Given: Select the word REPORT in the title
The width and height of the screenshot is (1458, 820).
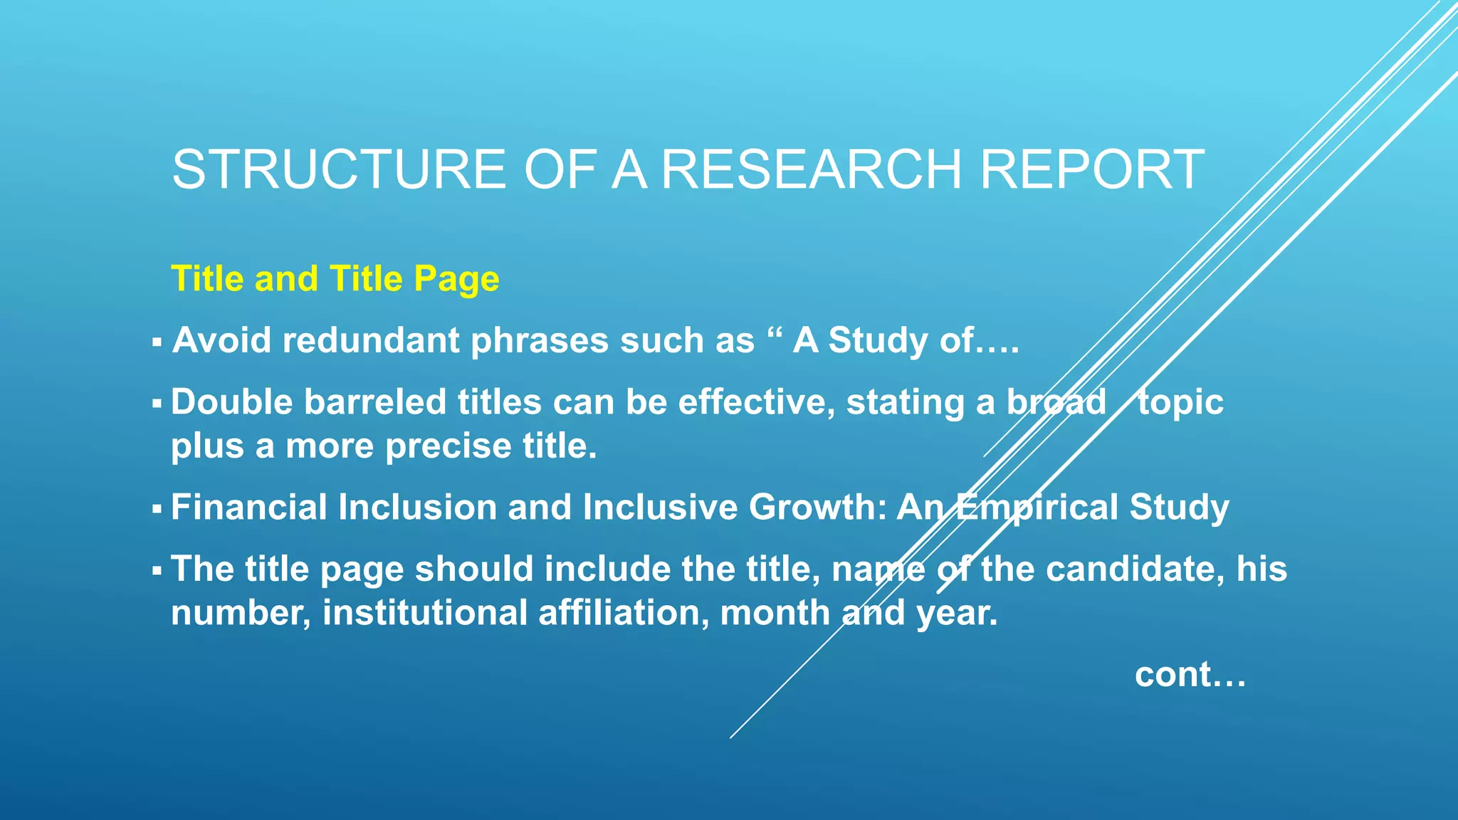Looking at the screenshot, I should (x=1092, y=170).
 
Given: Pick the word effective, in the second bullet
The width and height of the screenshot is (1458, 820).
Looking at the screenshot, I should (x=756, y=402).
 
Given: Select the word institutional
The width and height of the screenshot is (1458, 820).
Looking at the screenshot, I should (x=424, y=614).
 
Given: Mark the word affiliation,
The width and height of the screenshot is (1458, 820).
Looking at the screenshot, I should (x=624, y=614).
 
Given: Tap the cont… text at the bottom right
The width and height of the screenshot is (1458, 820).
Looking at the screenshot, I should (x=1190, y=675).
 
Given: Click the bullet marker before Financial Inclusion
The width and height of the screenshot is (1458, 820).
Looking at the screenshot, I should (x=157, y=510).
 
